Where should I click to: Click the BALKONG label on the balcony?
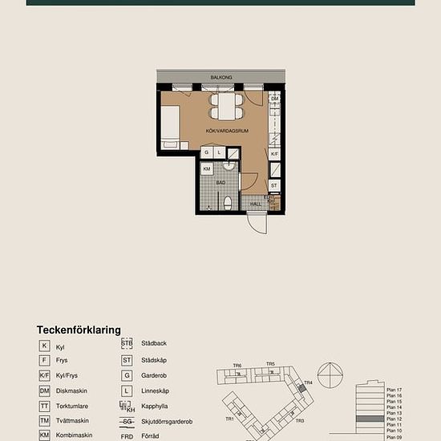(x=221, y=78)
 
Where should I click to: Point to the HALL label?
(x=255, y=204)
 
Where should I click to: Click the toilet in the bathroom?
(x=227, y=202)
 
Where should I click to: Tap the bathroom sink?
(x=229, y=169)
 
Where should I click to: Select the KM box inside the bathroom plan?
(x=207, y=169)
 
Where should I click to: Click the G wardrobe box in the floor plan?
(x=207, y=152)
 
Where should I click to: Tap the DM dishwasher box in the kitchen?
(x=274, y=99)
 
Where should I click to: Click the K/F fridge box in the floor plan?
(x=274, y=153)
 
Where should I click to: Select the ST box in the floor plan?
(x=274, y=185)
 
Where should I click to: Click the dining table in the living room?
(x=226, y=105)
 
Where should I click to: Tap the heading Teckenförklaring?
(x=79, y=330)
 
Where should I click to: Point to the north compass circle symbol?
(x=330, y=375)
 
